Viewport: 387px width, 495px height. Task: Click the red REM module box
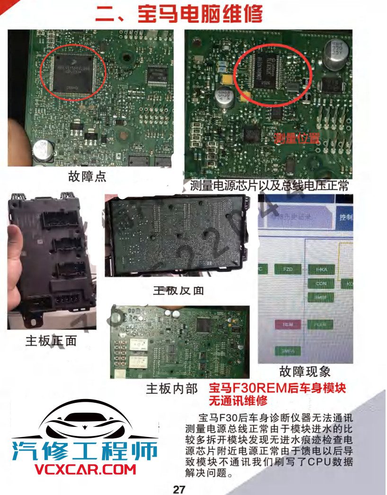click(288, 325)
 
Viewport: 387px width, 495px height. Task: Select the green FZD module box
click(288, 269)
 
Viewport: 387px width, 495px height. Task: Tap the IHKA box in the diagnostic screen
click(321, 269)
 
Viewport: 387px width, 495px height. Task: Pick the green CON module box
click(321, 284)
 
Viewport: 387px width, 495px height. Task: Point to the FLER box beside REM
click(321, 325)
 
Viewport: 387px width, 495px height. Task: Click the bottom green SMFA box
click(288, 351)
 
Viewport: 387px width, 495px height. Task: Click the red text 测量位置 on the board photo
click(297, 139)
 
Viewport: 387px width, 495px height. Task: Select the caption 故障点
click(88, 177)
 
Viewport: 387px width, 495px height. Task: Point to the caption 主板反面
click(178, 290)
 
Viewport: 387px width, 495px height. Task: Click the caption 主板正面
click(51, 340)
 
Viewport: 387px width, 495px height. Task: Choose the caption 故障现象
click(305, 371)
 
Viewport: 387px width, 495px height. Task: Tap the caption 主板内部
click(172, 389)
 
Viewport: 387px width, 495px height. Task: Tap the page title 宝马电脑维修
click(178, 14)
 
